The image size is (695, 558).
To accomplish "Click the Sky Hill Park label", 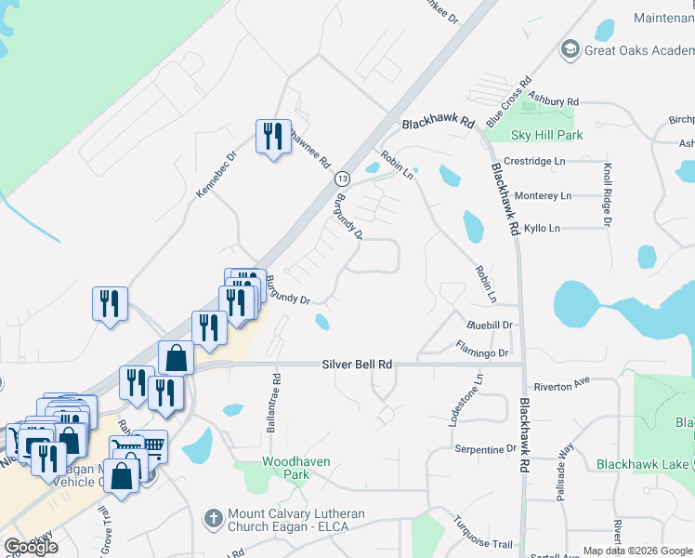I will [547, 135].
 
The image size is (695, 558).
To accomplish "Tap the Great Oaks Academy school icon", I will [570, 49].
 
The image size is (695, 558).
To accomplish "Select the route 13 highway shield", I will [343, 178].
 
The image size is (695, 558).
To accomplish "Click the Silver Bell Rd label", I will [359, 365].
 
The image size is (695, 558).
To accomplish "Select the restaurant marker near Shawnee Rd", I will [273, 137].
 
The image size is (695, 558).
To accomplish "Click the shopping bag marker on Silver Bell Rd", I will [176, 357].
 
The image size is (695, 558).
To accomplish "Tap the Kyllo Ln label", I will [543, 228].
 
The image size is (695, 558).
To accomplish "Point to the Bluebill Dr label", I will [490, 325].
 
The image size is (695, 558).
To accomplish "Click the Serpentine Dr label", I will [485, 448].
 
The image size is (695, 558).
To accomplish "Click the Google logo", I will [32, 547].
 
